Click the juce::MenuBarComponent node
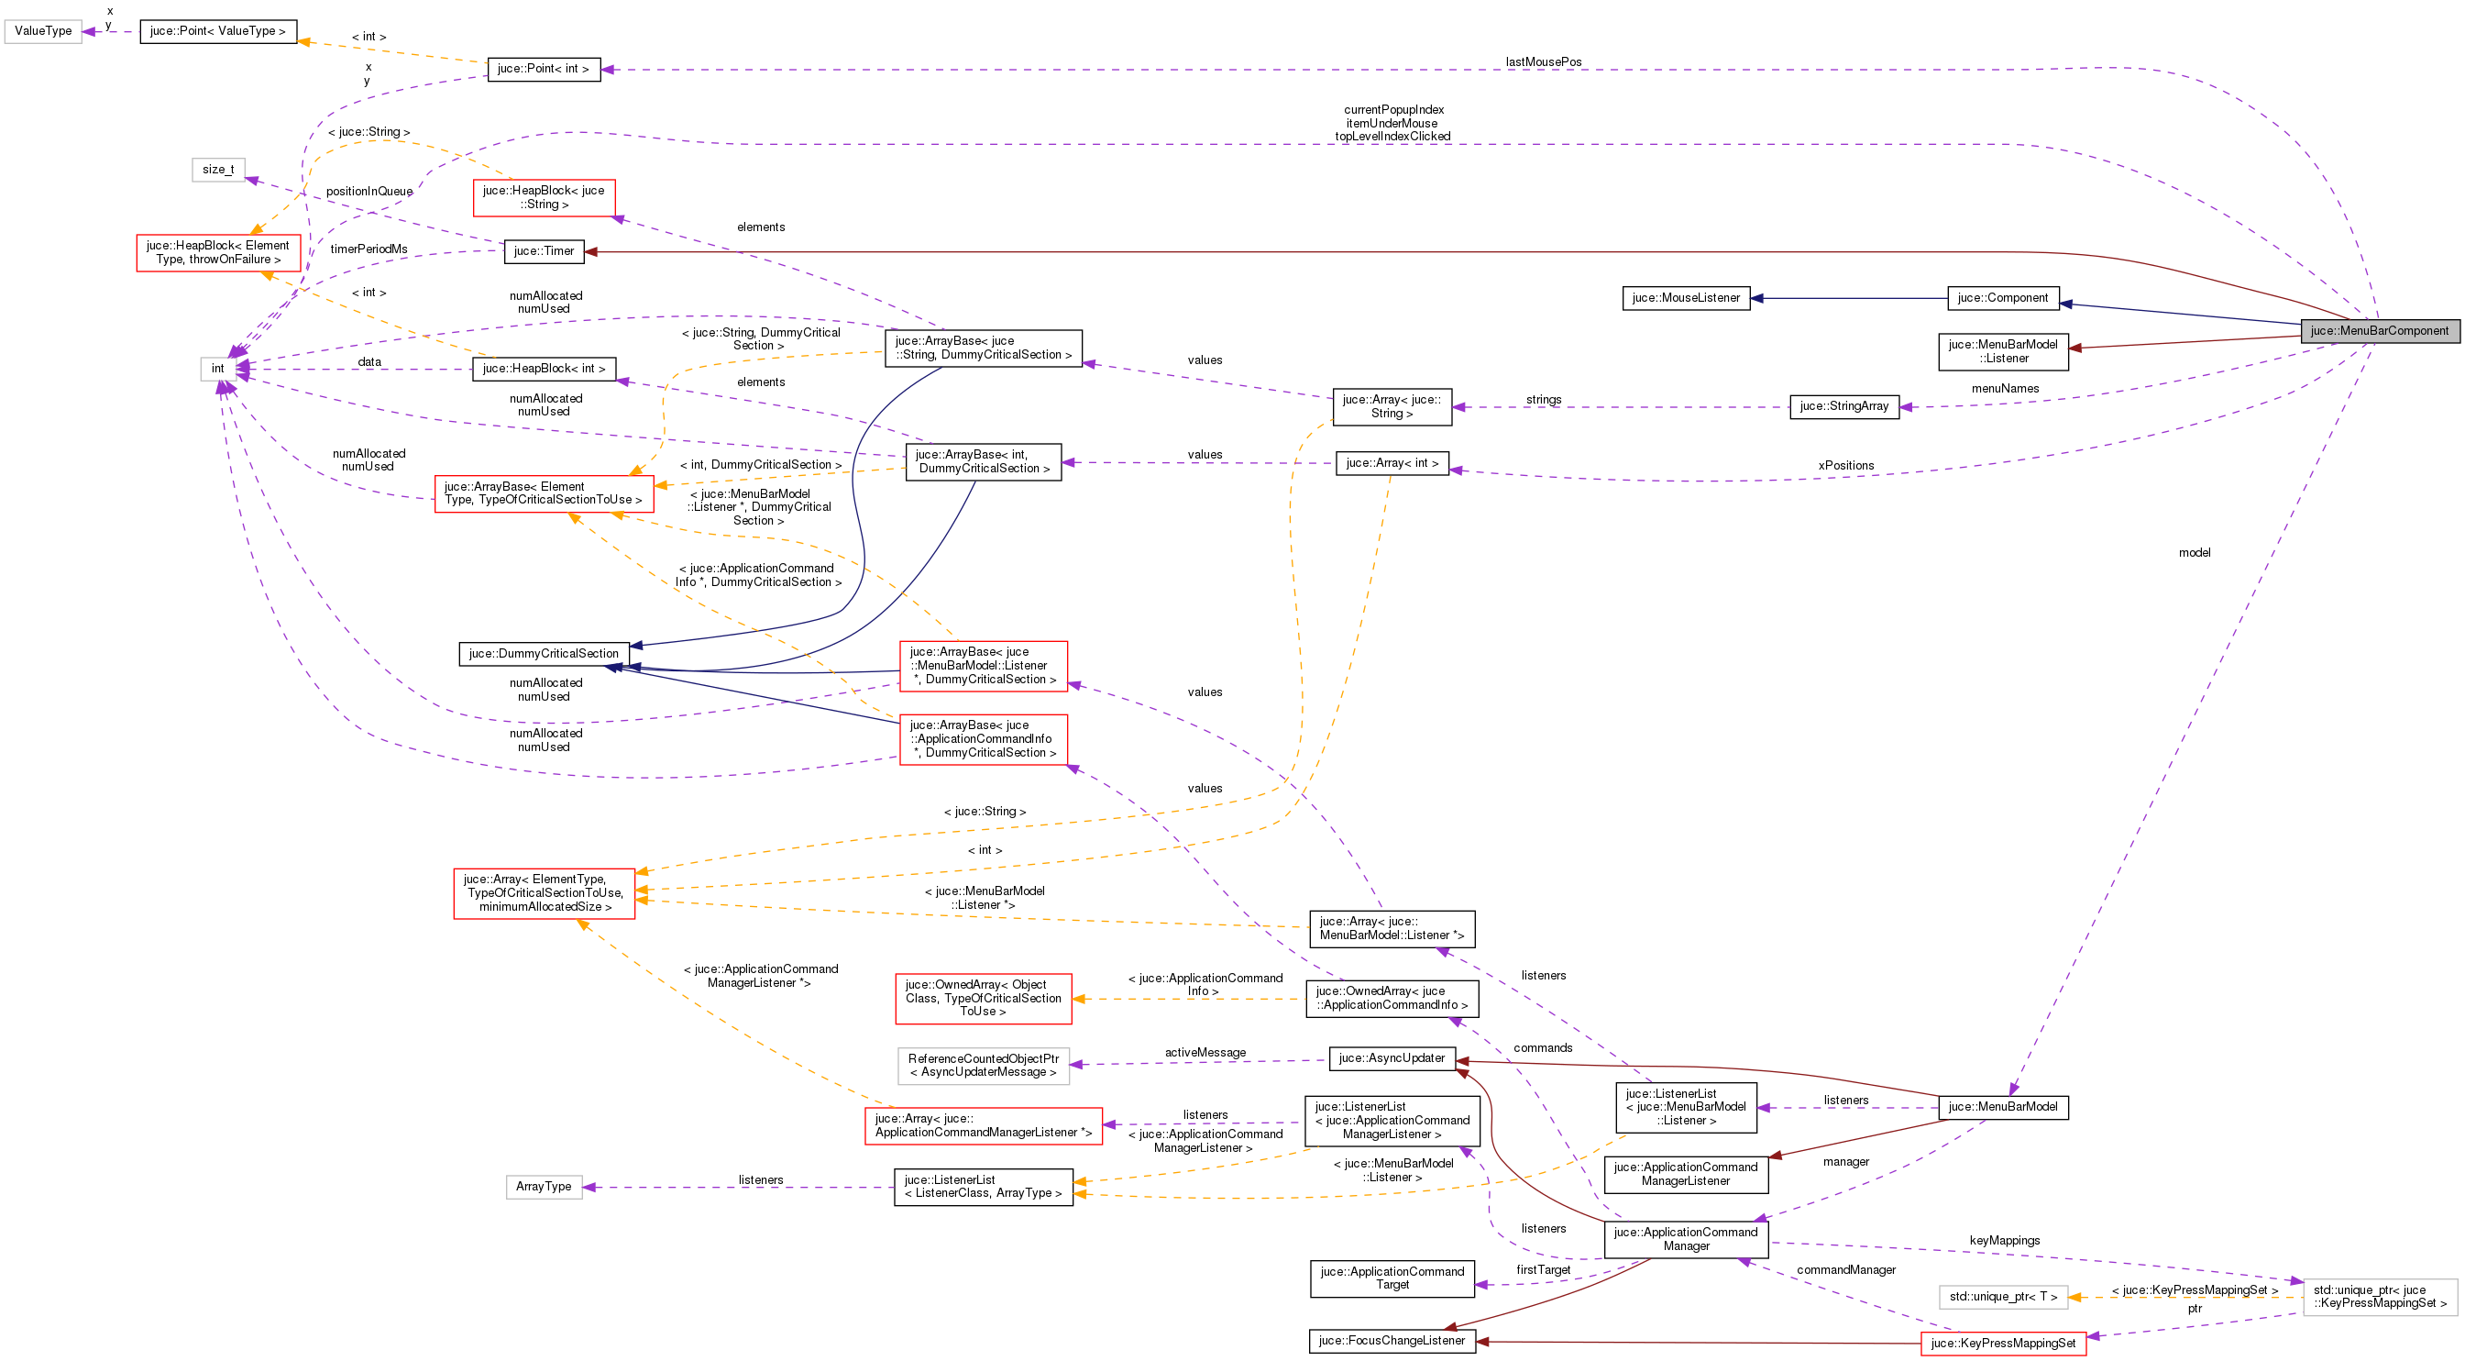click(x=2379, y=331)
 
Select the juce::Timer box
click(x=544, y=251)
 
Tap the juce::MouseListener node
click(x=1685, y=299)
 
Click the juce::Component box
click(x=2002, y=299)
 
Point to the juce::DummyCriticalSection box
click(x=544, y=654)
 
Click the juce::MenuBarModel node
click(x=2002, y=1107)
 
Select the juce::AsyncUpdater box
click(x=1392, y=1058)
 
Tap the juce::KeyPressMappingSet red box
click(x=2002, y=1344)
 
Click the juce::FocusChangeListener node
click(x=1392, y=1341)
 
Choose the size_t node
click(x=218, y=171)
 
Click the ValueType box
click(x=43, y=31)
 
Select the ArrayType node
click(x=544, y=1187)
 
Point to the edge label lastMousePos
click(x=1543, y=62)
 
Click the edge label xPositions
click(x=1846, y=466)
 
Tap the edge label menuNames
click(x=2005, y=389)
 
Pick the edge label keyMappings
click(x=2004, y=1242)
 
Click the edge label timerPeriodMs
click(x=369, y=249)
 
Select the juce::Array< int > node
click(x=1392, y=464)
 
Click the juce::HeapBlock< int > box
click(x=544, y=370)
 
